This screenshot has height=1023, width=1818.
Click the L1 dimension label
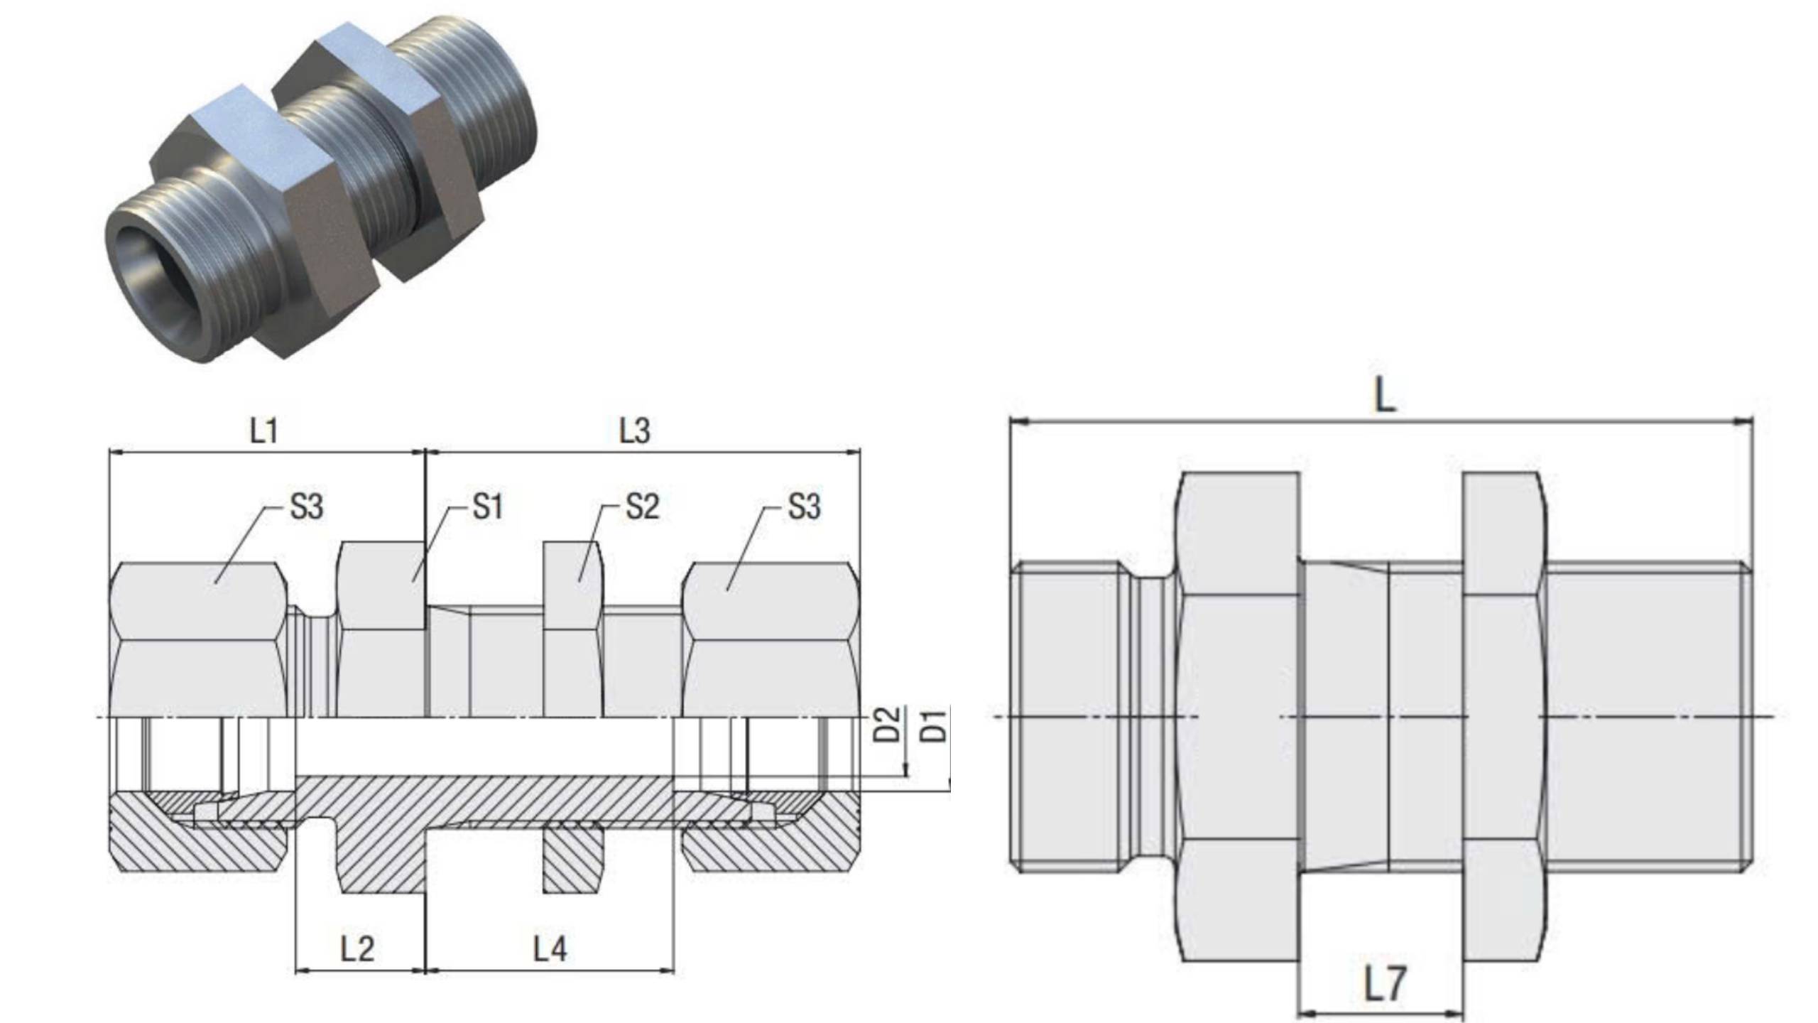coord(263,431)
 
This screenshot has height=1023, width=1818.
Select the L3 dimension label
coord(634,431)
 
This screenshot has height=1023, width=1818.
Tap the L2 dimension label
coord(357,948)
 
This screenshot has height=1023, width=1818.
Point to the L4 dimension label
coord(550,948)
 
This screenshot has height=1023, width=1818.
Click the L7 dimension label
coord(1384,985)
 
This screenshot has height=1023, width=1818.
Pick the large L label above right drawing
coord(1385,395)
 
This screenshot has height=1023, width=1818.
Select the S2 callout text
coord(642,507)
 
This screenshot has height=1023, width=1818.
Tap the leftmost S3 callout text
coord(306,507)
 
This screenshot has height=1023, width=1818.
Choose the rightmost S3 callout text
coord(804,507)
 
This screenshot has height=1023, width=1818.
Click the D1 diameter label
coord(937,725)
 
